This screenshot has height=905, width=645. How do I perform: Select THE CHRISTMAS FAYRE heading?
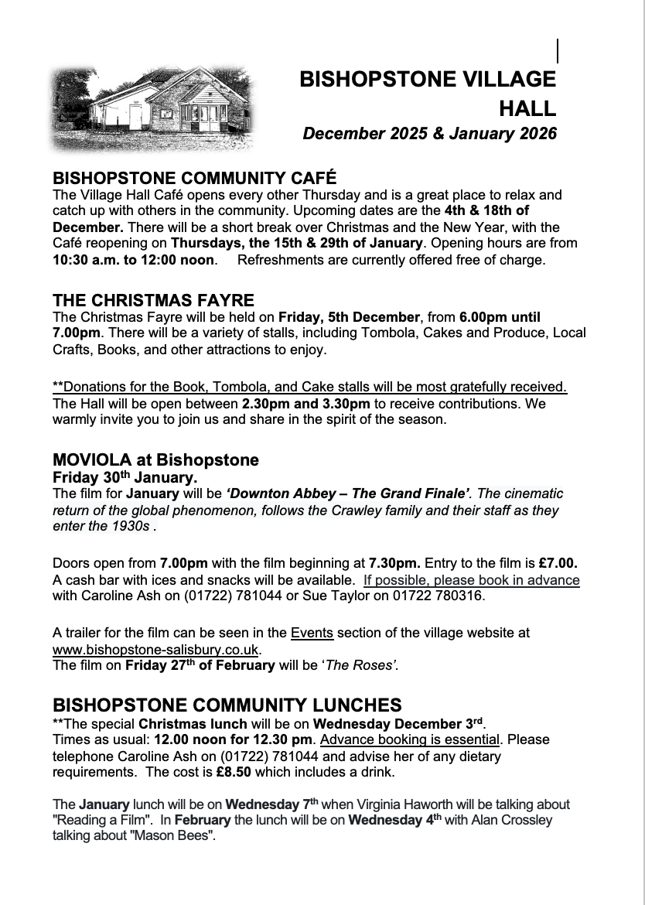click(x=153, y=300)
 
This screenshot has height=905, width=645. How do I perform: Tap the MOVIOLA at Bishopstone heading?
click(x=155, y=460)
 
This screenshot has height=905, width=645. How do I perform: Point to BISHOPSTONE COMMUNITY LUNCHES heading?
click(x=227, y=705)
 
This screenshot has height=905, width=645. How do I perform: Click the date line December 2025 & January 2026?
click(x=429, y=134)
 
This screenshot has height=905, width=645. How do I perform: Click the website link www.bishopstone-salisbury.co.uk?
click(x=156, y=650)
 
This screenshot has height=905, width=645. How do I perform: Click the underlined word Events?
click(x=312, y=633)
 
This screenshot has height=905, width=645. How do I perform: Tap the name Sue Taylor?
click(x=340, y=596)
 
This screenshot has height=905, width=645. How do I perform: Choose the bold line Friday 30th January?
click(x=125, y=477)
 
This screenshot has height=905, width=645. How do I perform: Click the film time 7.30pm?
click(x=395, y=563)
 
